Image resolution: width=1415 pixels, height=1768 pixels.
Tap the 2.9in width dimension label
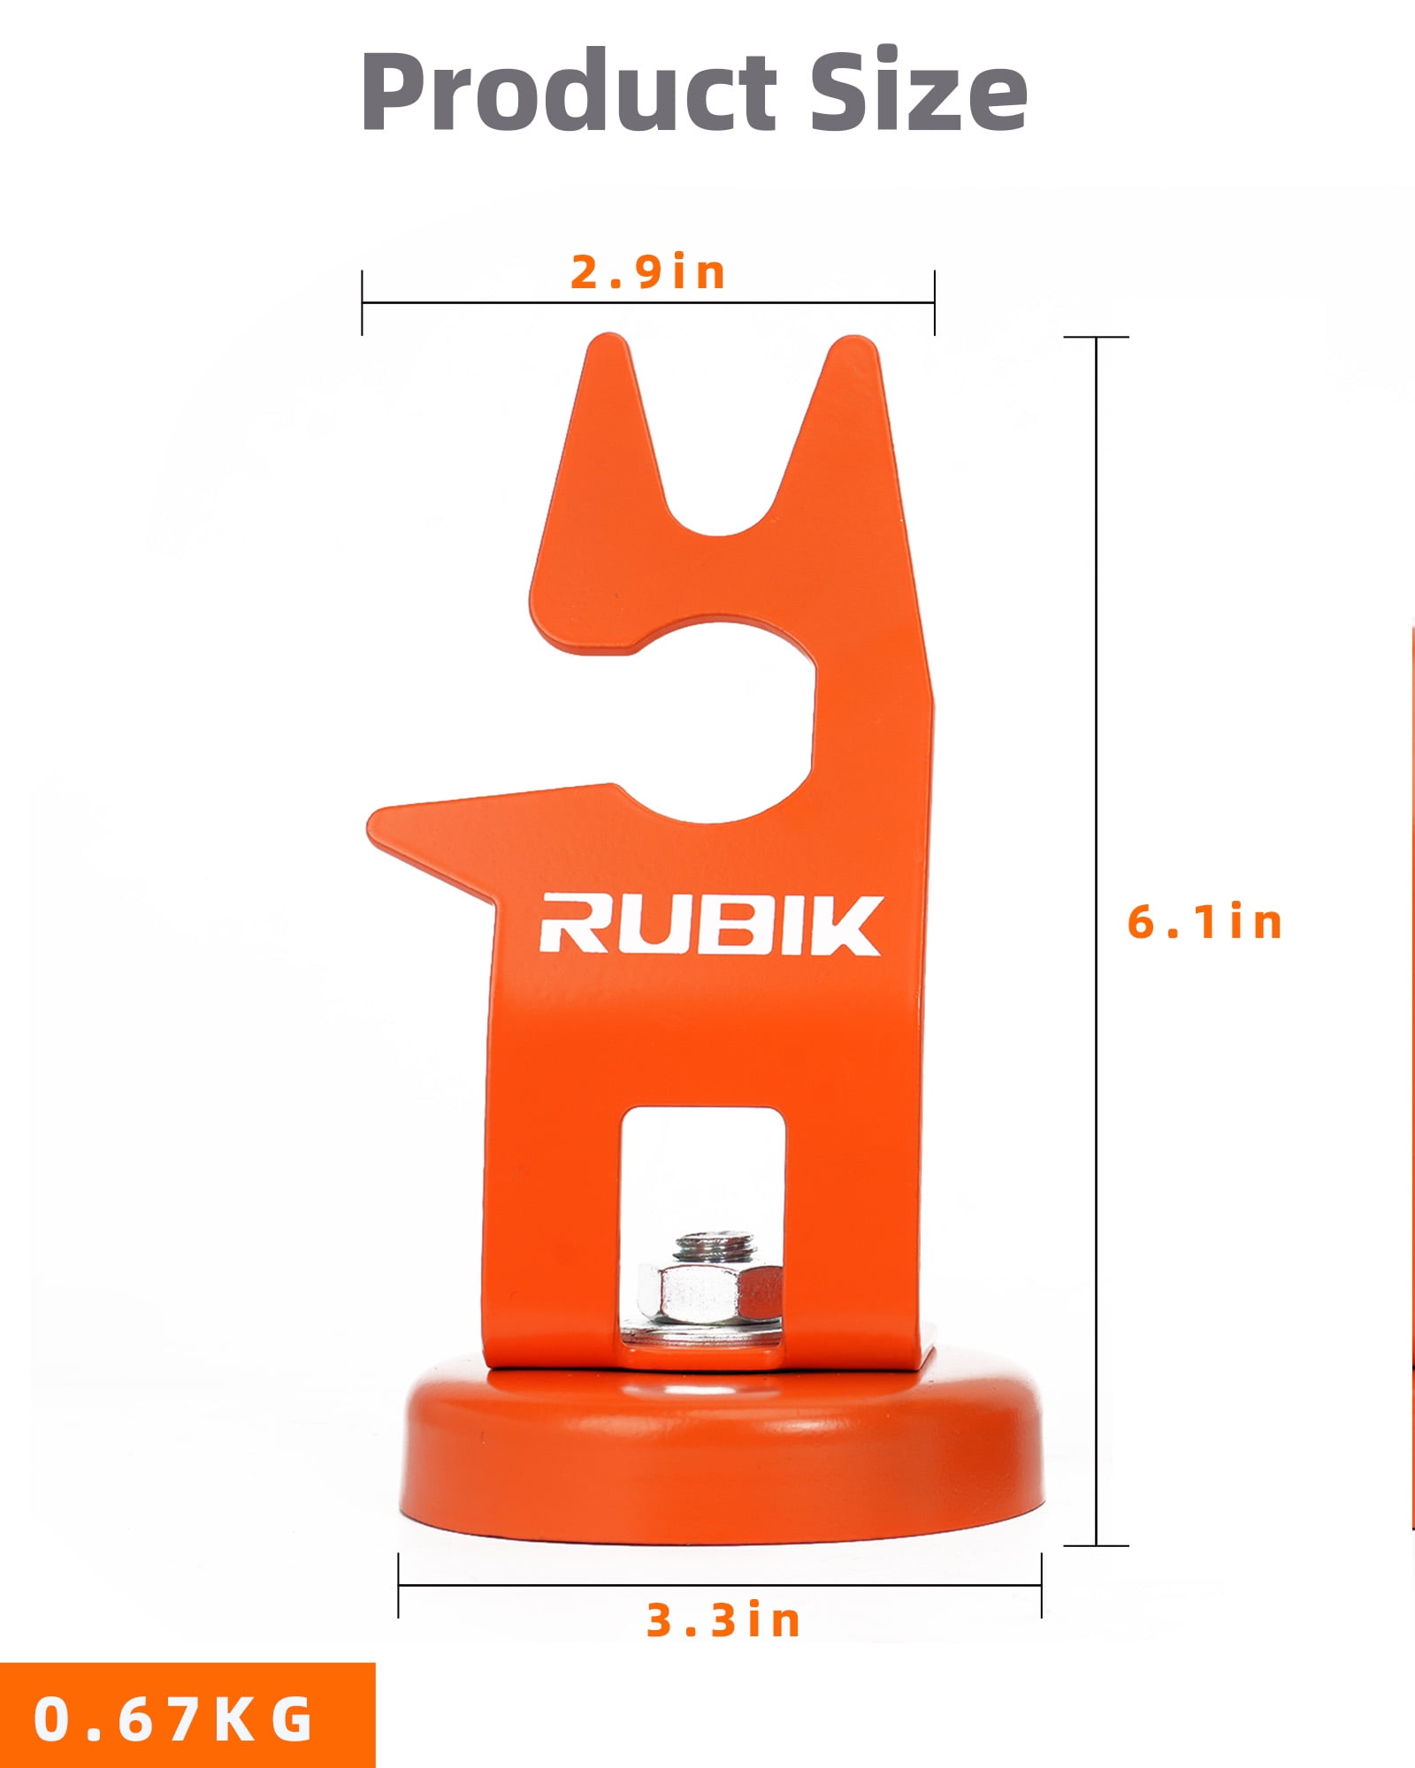click(648, 272)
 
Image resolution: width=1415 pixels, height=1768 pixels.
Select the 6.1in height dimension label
click(1205, 922)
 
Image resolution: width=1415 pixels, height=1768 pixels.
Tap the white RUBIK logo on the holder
click(710, 925)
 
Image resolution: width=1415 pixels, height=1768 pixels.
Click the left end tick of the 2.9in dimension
click(362, 303)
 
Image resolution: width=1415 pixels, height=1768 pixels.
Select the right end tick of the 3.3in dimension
click(1041, 1586)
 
